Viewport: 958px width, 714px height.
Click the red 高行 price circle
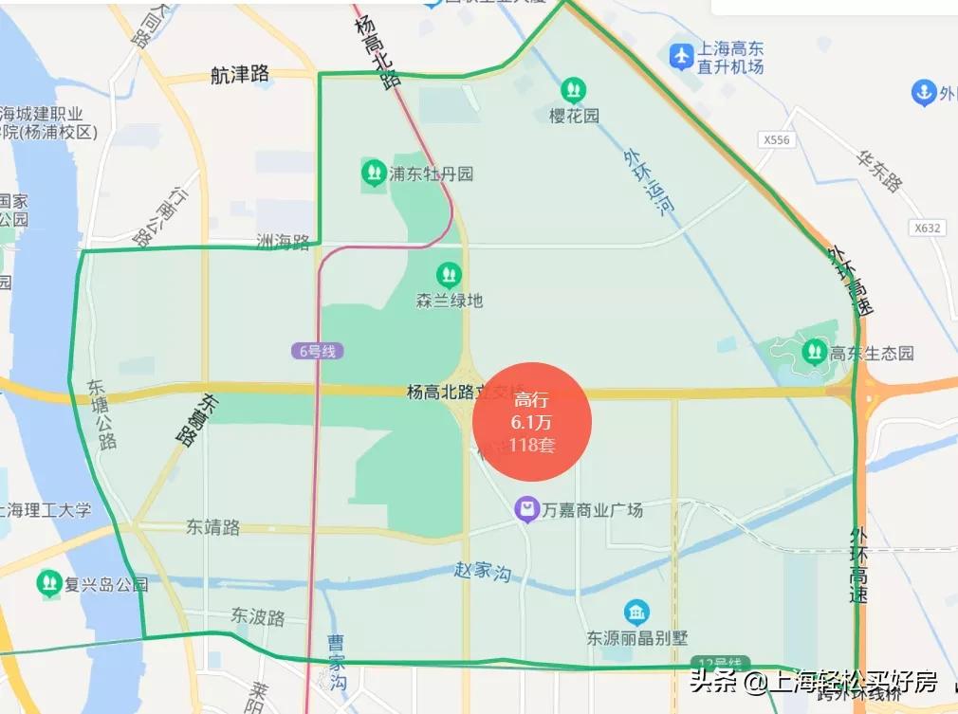pyautogui.click(x=532, y=422)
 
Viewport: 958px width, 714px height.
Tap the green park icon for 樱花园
pyautogui.click(x=573, y=91)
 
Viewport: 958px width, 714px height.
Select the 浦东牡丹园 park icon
pyautogui.click(x=373, y=174)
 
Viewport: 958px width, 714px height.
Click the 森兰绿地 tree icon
pyautogui.click(x=449, y=276)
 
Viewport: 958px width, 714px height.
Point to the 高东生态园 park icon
pyautogui.click(x=814, y=353)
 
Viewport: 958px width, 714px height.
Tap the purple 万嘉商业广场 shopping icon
pyautogui.click(x=526, y=510)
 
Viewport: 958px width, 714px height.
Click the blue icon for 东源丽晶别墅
pyautogui.click(x=636, y=613)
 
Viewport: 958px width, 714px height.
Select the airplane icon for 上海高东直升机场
pyautogui.click(x=681, y=56)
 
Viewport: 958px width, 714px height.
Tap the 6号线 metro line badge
pyautogui.click(x=317, y=351)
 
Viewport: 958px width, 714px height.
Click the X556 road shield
pyautogui.click(x=775, y=139)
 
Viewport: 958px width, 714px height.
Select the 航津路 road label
pyautogui.click(x=240, y=75)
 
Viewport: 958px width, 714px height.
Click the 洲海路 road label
pyautogui.click(x=283, y=243)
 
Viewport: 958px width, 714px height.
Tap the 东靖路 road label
pyautogui.click(x=212, y=527)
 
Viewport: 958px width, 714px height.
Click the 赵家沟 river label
pyautogui.click(x=482, y=573)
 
